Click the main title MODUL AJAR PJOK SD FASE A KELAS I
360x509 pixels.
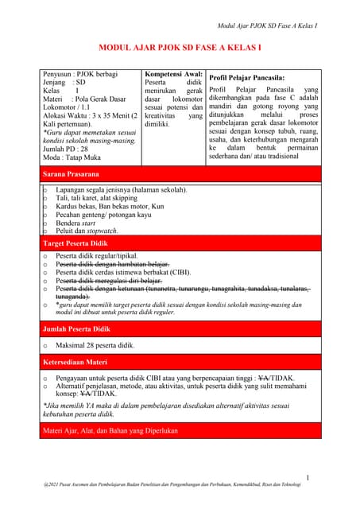click(179, 48)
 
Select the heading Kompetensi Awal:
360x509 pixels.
click(173, 74)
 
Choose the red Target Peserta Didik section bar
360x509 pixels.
click(75, 243)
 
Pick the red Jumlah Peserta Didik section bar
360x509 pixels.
click(76, 328)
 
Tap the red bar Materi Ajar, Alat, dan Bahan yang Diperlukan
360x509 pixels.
click(109, 430)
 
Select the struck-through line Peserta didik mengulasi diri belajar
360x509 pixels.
click(109, 281)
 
